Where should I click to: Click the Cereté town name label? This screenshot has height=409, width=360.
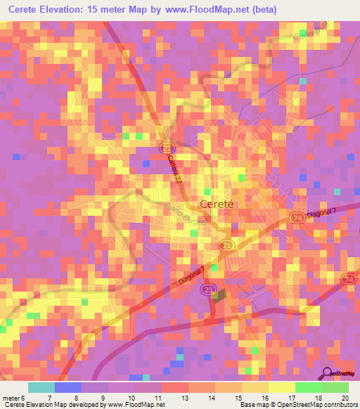217,204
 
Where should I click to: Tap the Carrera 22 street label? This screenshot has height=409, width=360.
175,169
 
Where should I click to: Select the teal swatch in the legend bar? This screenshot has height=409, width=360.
41,387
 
